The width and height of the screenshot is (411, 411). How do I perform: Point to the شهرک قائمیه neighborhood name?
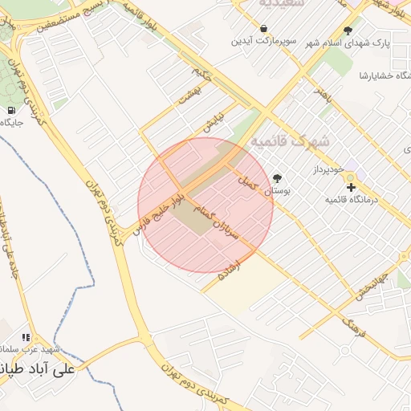tap(290, 140)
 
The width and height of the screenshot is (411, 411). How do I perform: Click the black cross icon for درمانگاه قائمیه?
tap(350, 187)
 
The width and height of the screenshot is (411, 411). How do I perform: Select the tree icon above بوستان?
tap(277, 178)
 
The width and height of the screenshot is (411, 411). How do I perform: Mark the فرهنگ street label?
tap(353, 324)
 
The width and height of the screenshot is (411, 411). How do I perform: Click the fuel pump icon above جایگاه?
tap(11, 110)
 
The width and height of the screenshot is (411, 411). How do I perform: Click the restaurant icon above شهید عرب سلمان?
tap(26, 338)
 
